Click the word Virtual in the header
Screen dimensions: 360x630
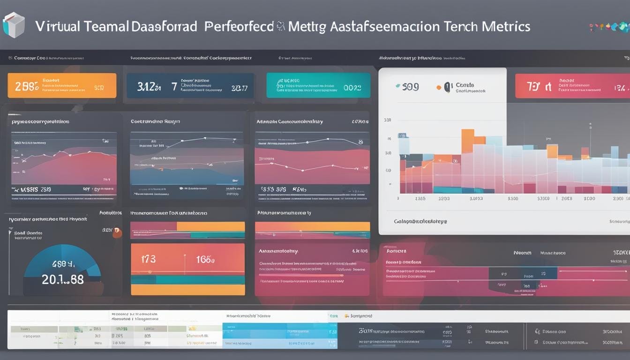tap(58, 26)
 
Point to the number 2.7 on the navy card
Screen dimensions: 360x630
tap(239, 87)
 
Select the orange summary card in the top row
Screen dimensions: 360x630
tap(62, 85)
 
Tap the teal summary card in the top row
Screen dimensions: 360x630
tap(318, 85)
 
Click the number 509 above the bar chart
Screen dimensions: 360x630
tap(410, 87)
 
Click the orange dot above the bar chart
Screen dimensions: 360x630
tap(439, 87)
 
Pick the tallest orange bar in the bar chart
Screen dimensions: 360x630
tap(467, 141)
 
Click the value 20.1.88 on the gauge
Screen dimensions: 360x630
tap(63, 279)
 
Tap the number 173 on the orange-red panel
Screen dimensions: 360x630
tap(148, 259)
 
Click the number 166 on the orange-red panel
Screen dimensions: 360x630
tap(205, 259)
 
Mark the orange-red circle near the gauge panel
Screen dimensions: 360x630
tap(117, 232)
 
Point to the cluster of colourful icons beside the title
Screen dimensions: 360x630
tap(609, 27)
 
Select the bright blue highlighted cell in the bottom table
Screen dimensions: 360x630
tap(280, 332)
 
